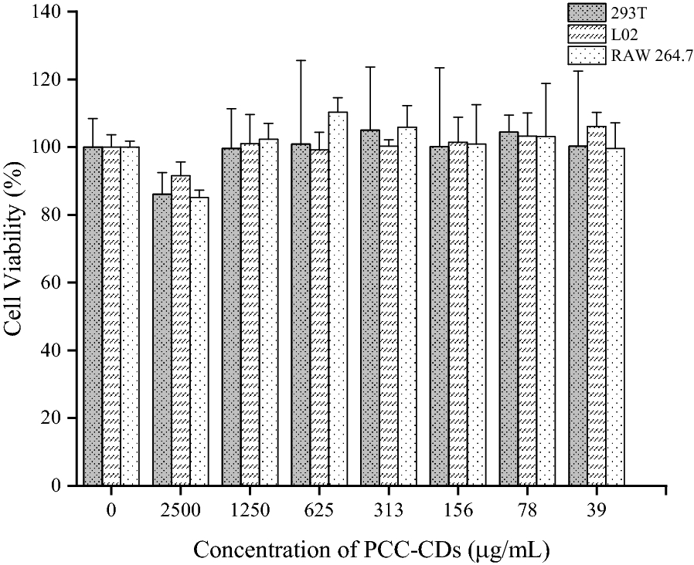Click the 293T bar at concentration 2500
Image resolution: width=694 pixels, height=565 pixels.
pos(162,340)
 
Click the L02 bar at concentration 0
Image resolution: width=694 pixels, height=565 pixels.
pos(111,316)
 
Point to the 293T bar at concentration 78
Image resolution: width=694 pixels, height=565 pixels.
pos(509,309)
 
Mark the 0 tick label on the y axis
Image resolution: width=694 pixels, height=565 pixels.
pos(61,486)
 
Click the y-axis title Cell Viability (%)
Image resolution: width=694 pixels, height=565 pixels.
pos(15,249)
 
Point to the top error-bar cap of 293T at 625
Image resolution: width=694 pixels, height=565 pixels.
pos(301,60)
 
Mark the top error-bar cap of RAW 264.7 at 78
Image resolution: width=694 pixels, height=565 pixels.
pos(546,83)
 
